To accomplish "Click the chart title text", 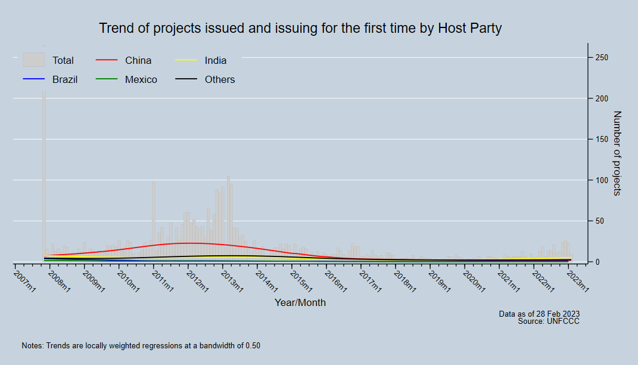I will (300, 28).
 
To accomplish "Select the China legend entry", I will (138, 60).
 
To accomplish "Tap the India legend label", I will (215, 60).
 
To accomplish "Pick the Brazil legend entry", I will (64, 79).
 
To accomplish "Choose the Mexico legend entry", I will (141, 79).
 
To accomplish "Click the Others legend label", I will (219, 79).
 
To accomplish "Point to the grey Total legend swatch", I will (34, 60).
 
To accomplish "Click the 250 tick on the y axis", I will (601, 57).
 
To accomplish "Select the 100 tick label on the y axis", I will (601, 180).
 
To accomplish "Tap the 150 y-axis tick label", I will (601, 139).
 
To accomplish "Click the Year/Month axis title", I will (300, 302).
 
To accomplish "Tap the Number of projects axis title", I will (617, 153).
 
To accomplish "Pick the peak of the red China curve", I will (189, 243).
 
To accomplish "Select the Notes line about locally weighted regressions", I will (141, 345).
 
